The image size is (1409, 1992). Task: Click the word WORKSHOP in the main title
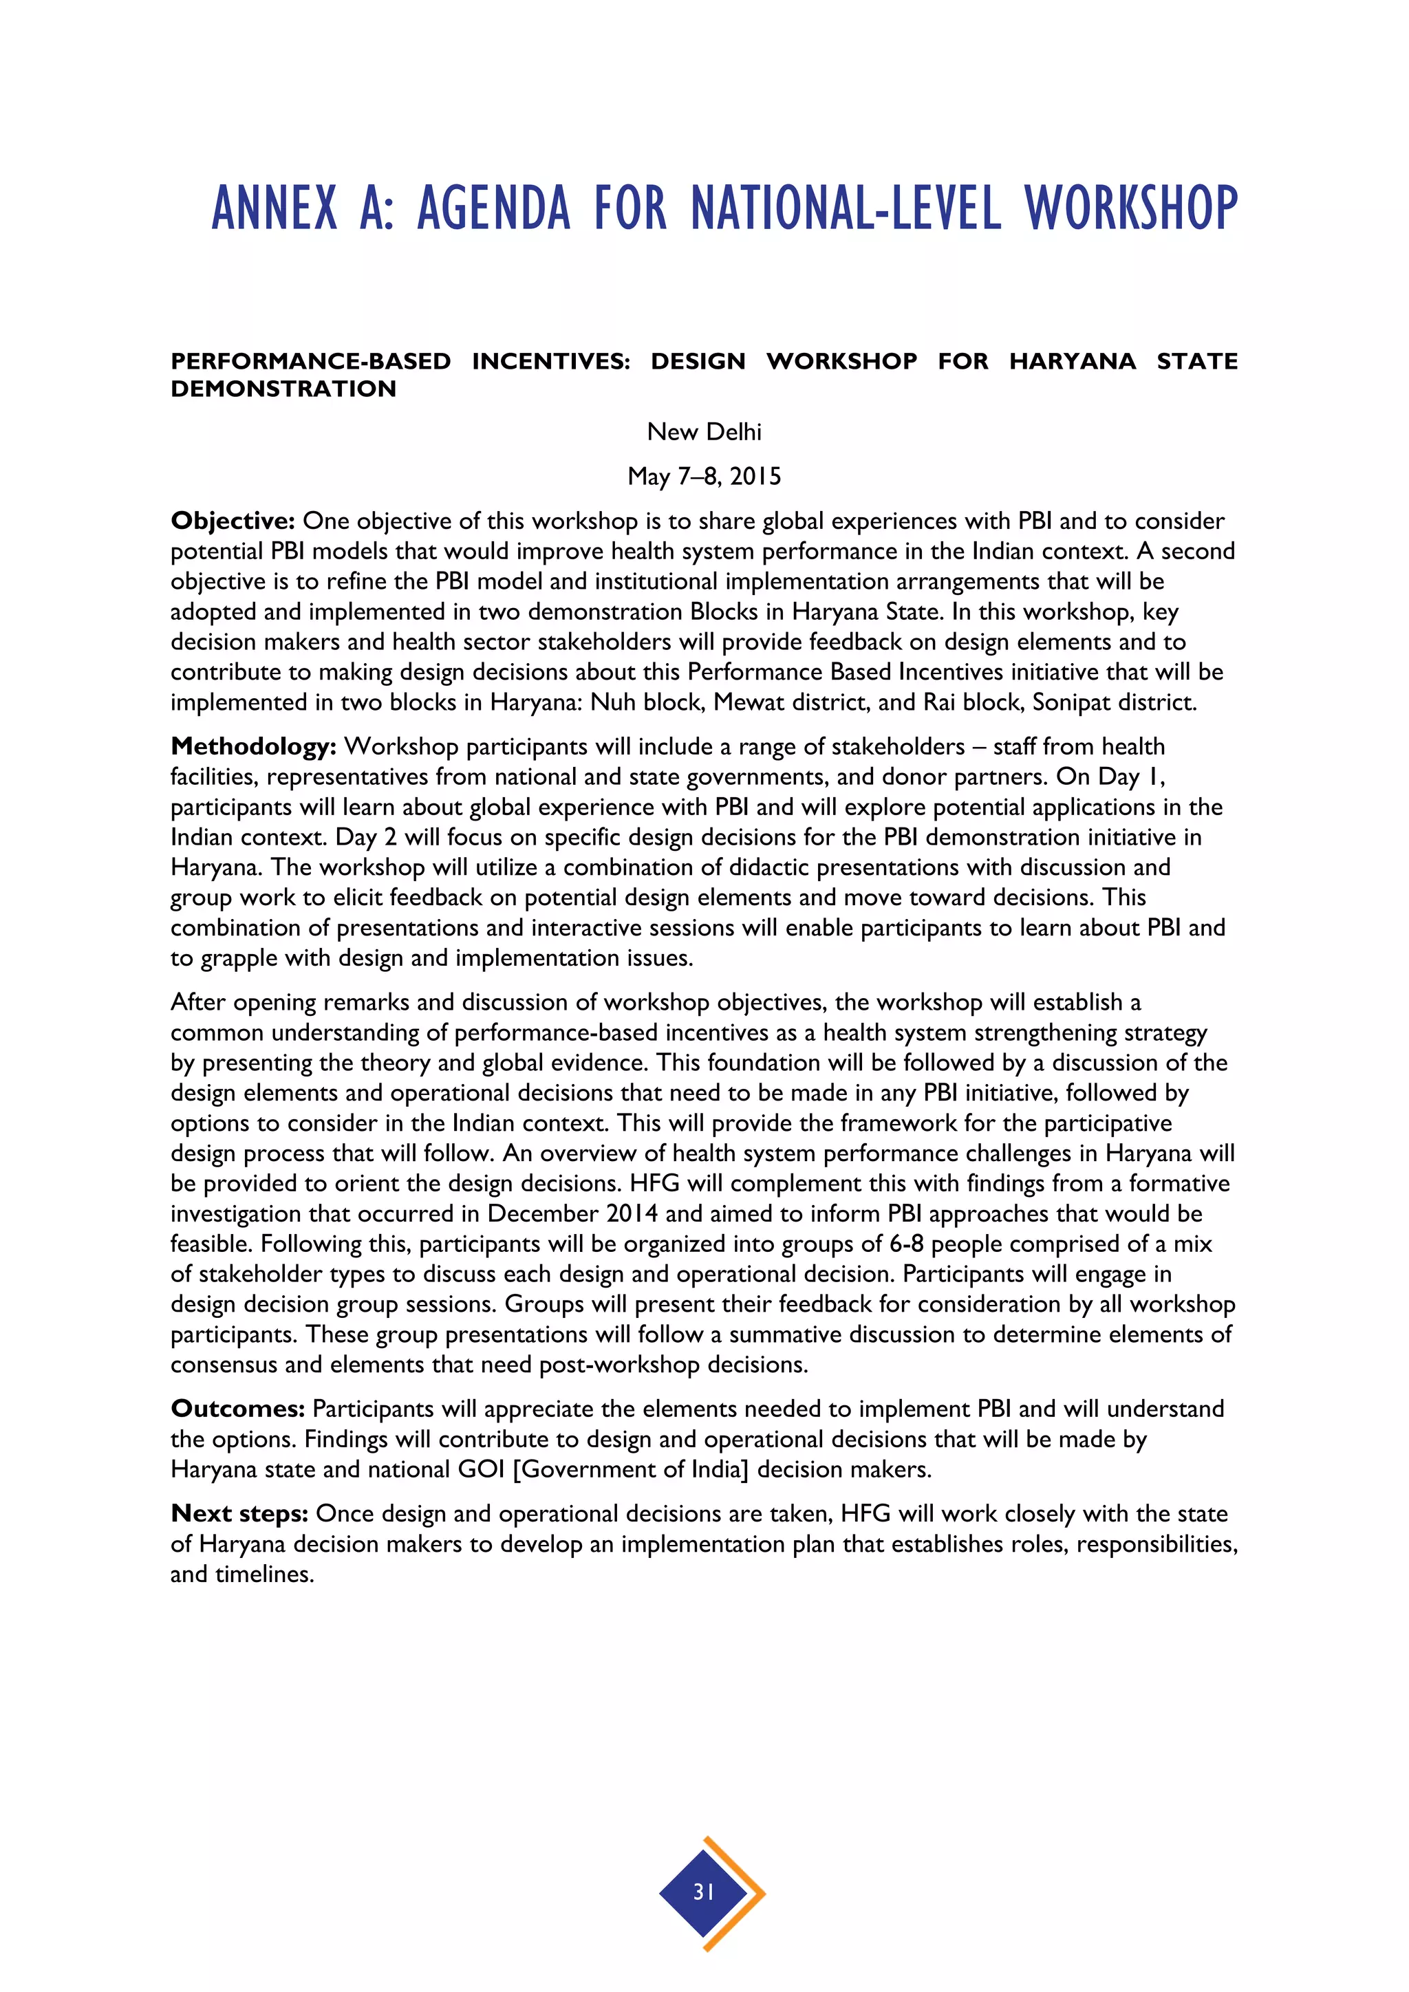[1130, 208]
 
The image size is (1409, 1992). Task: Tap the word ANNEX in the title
[275, 208]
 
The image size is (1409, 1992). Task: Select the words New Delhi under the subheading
[704, 431]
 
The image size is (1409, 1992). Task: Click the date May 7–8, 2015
[704, 475]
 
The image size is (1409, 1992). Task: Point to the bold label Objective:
[233, 521]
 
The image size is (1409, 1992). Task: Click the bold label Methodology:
[252, 746]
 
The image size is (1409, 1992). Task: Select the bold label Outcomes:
[237, 1408]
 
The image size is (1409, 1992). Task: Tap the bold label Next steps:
[239, 1513]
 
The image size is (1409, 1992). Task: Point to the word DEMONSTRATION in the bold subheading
[283, 389]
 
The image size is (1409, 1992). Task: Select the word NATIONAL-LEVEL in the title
[846, 208]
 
